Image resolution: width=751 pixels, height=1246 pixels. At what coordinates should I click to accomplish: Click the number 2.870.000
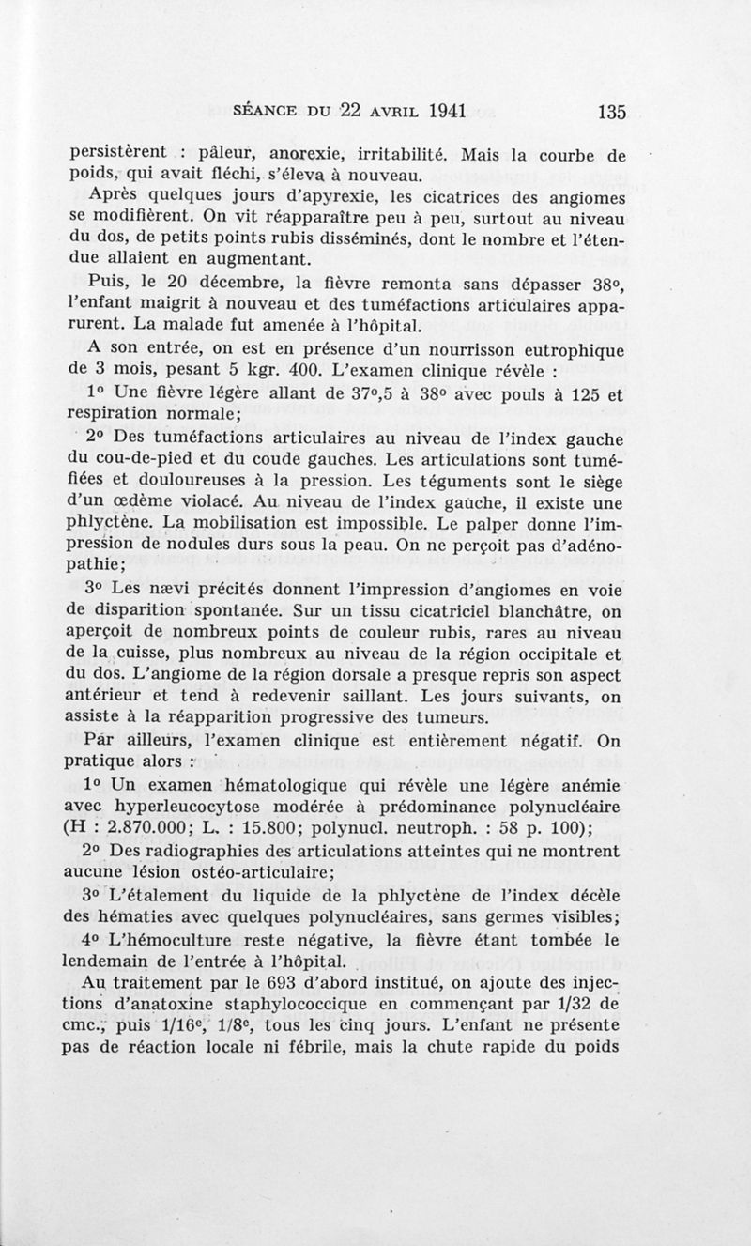click(146, 829)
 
